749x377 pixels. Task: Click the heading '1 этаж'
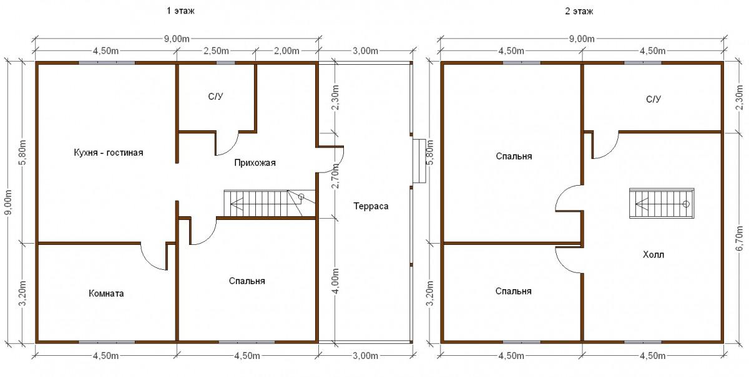click(x=180, y=11)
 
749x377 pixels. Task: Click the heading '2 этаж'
click(x=579, y=11)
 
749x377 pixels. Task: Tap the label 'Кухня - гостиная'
click(x=109, y=153)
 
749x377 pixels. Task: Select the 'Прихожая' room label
click(x=255, y=163)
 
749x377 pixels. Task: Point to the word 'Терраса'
click(x=371, y=206)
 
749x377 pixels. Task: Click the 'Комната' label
click(x=106, y=293)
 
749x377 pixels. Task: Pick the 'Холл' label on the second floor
click(x=654, y=255)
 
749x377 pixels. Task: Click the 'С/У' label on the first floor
click(x=215, y=97)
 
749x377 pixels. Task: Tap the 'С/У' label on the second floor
click(x=654, y=99)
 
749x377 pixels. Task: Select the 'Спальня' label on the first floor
click(x=247, y=281)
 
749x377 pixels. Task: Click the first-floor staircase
click(x=270, y=203)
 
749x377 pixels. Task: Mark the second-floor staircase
click(x=662, y=203)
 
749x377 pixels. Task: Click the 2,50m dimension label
click(x=216, y=51)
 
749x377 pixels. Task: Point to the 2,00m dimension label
click(x=286, y=51)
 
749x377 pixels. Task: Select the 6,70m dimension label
click(x=740, y=238)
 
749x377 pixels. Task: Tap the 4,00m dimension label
click(x=336, y=281)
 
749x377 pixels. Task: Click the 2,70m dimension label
click(x=336, y=176)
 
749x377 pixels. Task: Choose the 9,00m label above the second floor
click(x=582, y=39)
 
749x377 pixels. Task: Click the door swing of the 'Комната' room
click(x=150, y=260)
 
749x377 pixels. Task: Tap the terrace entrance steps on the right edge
click(x=419, y=161)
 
